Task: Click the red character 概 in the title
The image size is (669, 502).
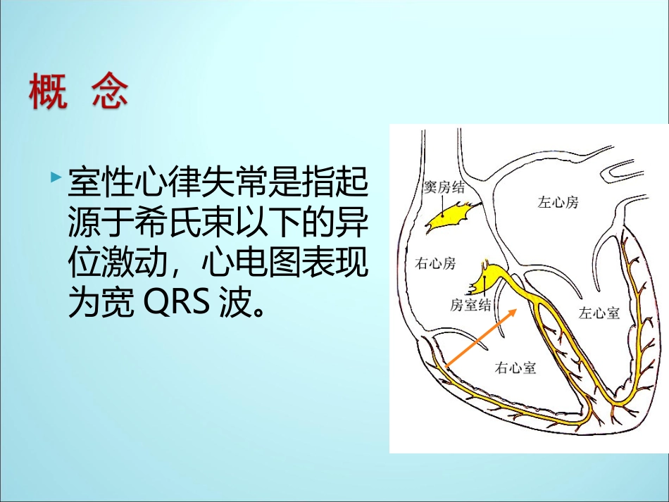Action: [x=49, y=92]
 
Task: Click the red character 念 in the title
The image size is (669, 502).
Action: [x=110, y=92]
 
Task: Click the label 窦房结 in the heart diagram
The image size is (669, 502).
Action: [x=444, y=187]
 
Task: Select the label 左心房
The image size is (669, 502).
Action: [x=558, y=203]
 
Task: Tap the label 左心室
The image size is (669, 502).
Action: [x=599, y=313]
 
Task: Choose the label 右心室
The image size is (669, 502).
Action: [x=515, y=367]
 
